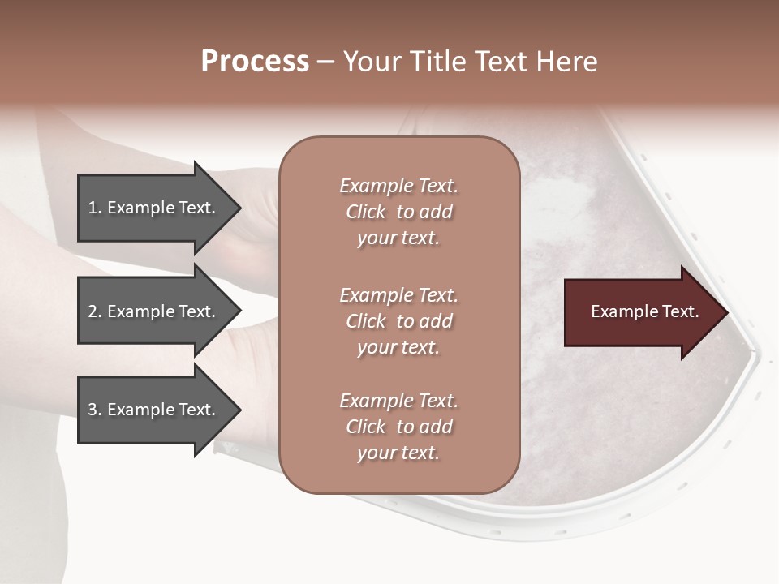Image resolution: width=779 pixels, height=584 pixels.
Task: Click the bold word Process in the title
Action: [x=255, y=62]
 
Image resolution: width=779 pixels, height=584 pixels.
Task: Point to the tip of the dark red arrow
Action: [x=726, y=312]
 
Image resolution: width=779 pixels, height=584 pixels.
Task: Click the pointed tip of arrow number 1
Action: [x=239, y=208]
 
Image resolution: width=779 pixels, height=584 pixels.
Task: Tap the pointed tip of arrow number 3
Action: [x=239, y=410]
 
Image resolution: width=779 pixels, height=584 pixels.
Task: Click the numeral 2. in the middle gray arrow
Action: [x=95, y=311]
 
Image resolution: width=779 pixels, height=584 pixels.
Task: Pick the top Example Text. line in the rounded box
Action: [x=398, y=186]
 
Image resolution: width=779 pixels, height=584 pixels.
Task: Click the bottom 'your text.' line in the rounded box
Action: [x=398, y=453]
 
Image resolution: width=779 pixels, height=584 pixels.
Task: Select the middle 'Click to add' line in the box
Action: [x=398, y=321]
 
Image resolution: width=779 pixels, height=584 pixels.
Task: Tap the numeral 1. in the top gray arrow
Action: [x=95, y=208]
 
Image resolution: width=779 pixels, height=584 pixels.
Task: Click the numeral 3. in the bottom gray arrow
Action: [x=95, y=410]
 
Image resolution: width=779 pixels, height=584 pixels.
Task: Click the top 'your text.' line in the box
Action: [x=398, y=238]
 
